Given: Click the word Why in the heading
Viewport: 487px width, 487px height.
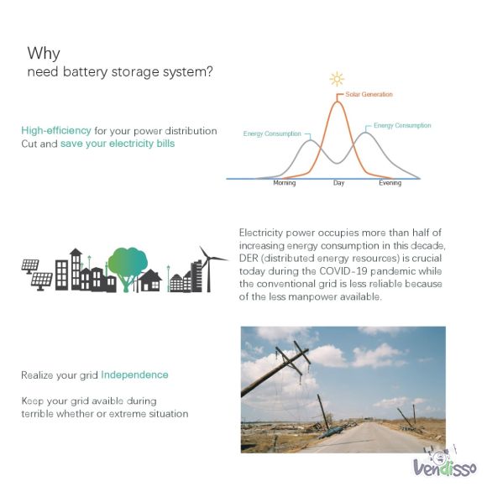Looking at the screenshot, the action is [x=44, y=54].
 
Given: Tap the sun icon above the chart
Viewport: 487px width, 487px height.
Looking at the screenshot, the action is [x=337, y=79].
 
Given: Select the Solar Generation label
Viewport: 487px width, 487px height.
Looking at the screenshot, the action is [x=369, y=94].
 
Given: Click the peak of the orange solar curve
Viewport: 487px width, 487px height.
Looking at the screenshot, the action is [x=338, y=102].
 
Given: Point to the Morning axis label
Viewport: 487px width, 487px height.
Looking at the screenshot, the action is [x=284, y=183].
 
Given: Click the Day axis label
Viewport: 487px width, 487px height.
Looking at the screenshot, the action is [x=338, y=183].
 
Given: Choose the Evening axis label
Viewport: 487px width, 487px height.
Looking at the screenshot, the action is [x=390, y=183].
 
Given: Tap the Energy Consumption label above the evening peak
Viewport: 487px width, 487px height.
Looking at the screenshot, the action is [x=402, y=125].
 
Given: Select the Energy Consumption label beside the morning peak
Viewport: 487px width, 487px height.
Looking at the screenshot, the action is [x=272, y=134].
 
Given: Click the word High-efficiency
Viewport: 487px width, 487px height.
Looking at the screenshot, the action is [x=56, y=131].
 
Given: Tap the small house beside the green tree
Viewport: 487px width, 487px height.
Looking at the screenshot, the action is [x=150, y=280].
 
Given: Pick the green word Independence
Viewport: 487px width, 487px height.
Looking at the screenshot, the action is [x=134, y=374].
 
